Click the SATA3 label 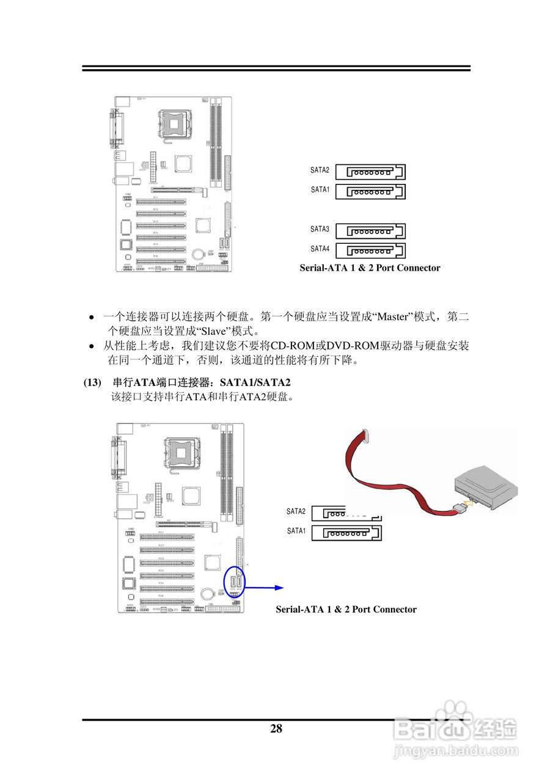(320, 229)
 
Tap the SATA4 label (320, 249)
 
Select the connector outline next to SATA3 (370, 231)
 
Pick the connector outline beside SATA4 (370, 250)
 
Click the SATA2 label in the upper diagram (320, 170)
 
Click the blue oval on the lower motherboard (237, 582)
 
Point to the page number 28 (276, 728)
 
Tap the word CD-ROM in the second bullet (292, 346)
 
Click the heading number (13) (92, 382)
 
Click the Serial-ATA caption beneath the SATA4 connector (370, 268)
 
